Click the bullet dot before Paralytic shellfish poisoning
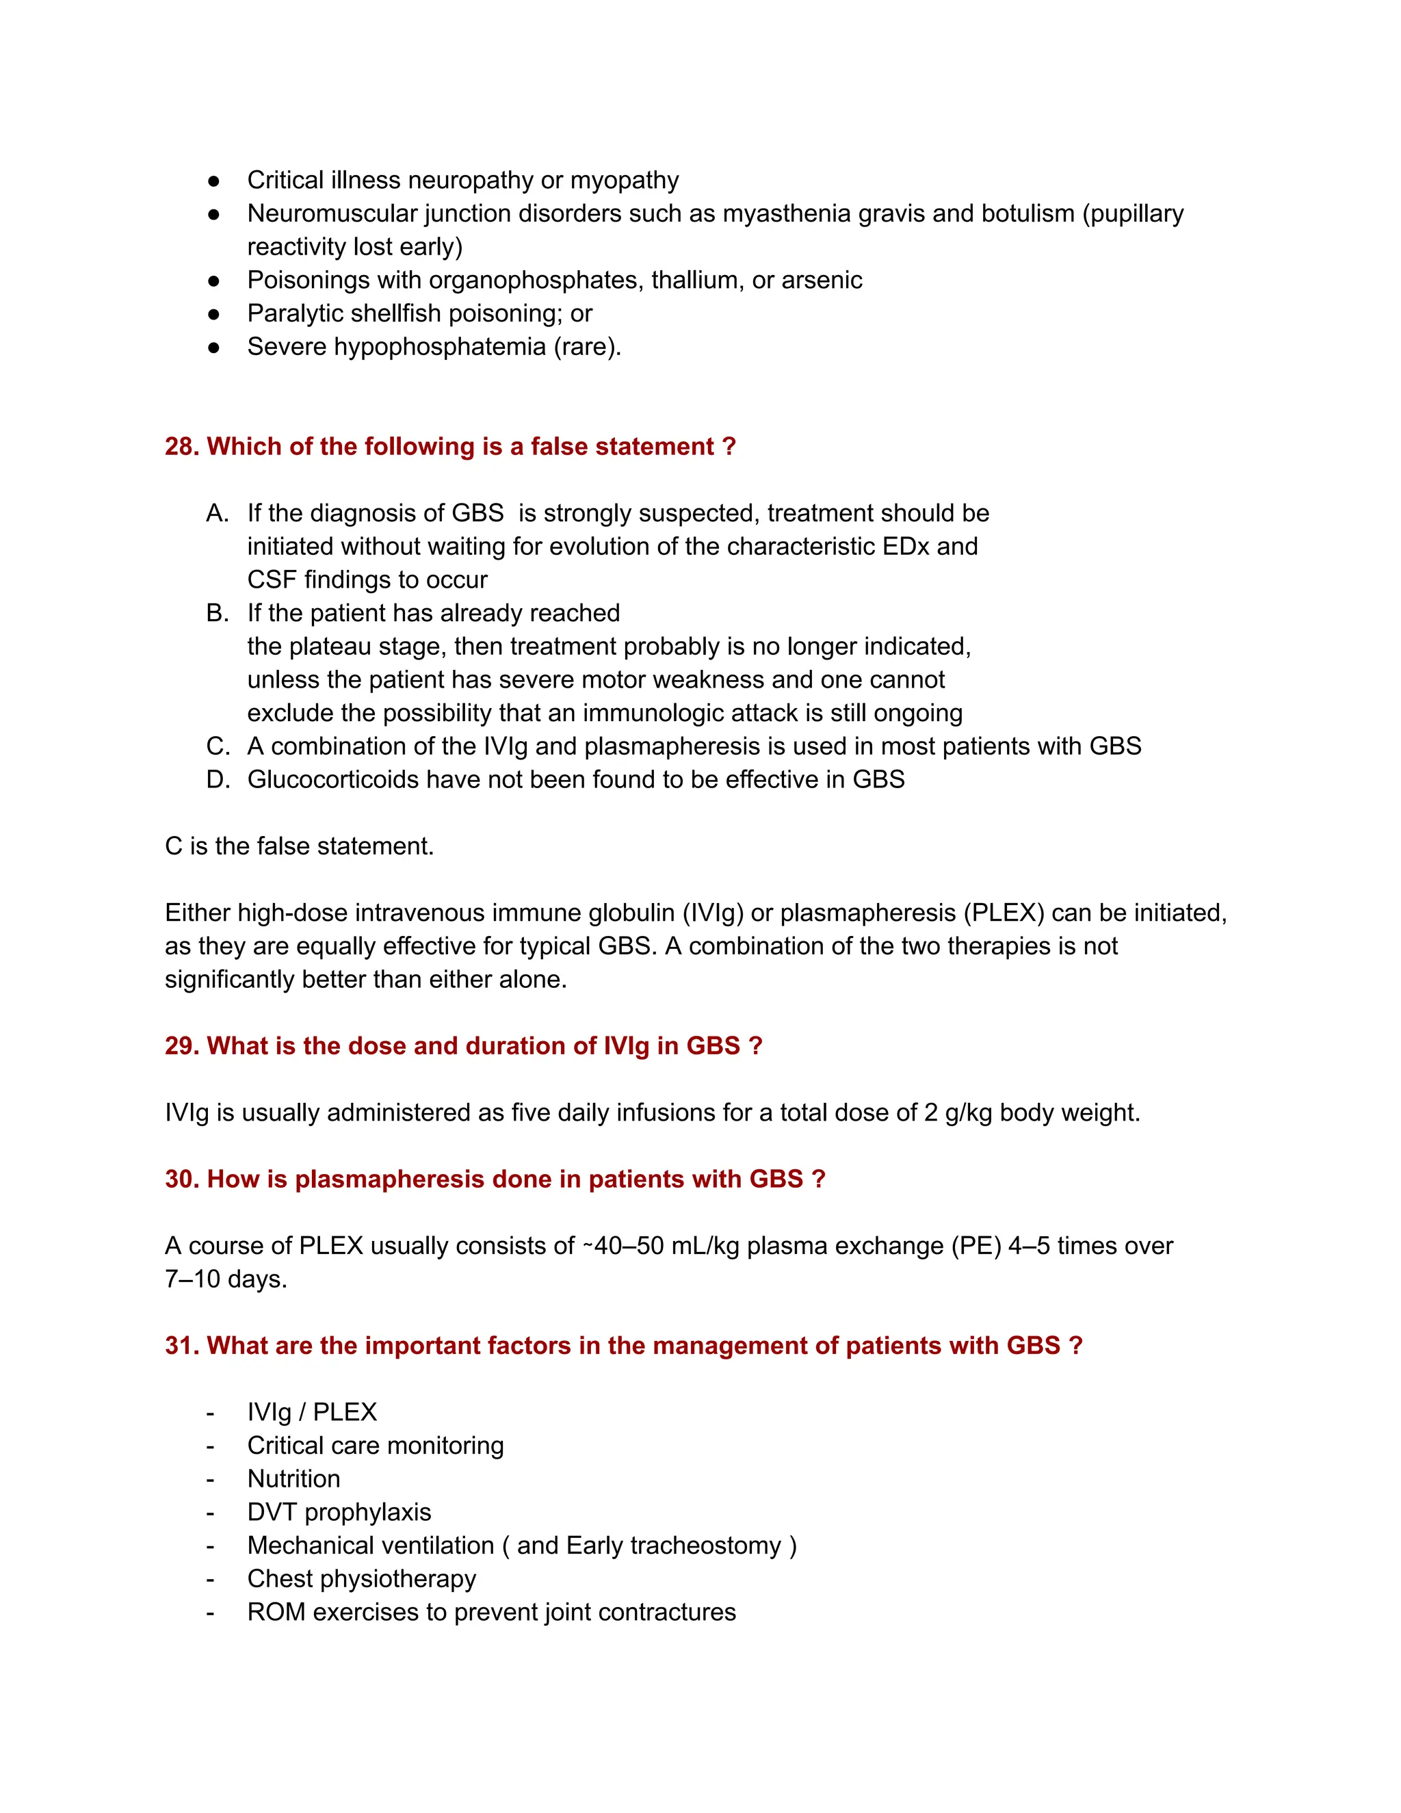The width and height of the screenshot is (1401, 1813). [213, 314]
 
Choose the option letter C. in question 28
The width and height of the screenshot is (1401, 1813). [218, 746]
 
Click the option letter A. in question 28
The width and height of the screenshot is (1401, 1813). [218, 513]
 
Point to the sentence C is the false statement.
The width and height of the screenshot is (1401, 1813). [299, 846]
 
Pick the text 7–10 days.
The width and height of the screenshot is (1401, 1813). [225, 1279]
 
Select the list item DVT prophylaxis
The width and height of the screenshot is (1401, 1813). [339, 1513]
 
